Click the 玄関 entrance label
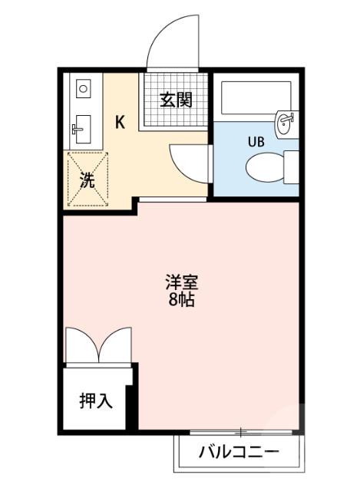pos(176,100)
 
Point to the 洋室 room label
pos(182,282)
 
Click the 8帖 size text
pos(182,300)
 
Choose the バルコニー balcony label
pos(239,451)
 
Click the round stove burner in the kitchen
pos(82,89)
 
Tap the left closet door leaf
pos(81,344)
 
